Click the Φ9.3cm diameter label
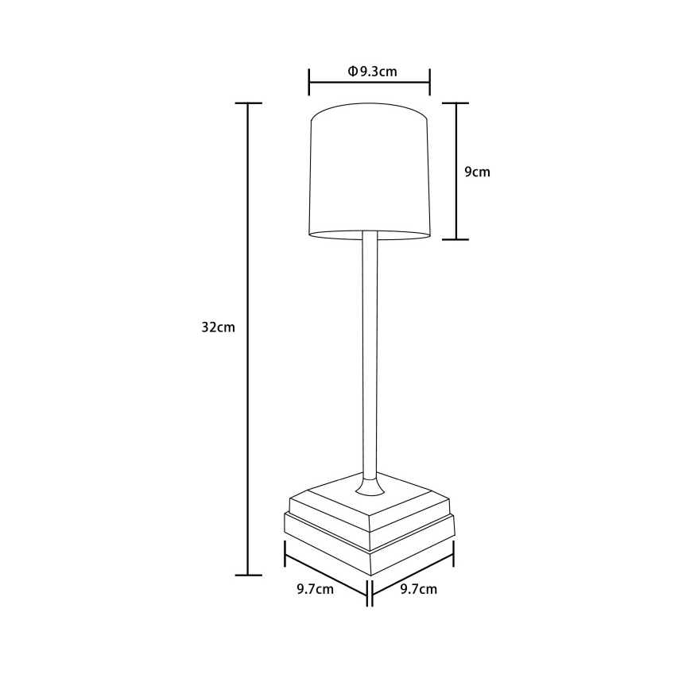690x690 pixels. click(x=372, y=72)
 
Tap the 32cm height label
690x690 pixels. click(x=218, y=328)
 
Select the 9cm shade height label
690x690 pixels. click(x=476, y=172)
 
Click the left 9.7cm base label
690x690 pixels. click(x=316, y=589)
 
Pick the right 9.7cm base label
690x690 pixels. click(x=417, y=589)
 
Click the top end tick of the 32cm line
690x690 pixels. click(x=249, y=104)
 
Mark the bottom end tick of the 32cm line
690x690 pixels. click(x=249, y=574)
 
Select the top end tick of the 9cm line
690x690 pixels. click(x=455, y=103)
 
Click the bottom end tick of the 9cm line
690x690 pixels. click(x=455, y=238)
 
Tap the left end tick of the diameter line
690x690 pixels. click(x=309, y=81)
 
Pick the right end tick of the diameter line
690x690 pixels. click(x=430, y=81)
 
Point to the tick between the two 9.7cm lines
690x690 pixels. click(x=368, y=591)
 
